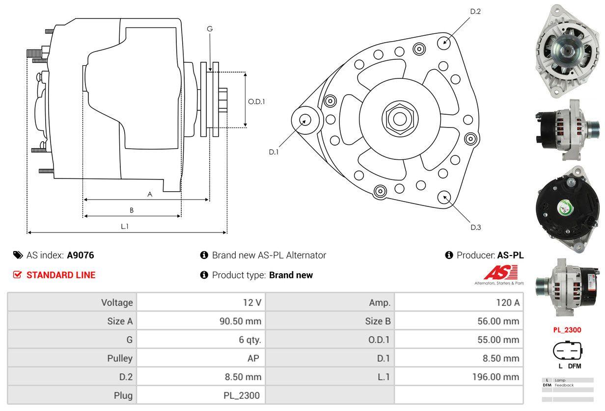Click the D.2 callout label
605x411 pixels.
point(475,11)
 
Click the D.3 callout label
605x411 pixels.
point(475,227)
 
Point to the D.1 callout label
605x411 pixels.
point(274,152)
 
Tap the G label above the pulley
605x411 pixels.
point(210,29)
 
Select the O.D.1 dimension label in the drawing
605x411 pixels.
point(256,102)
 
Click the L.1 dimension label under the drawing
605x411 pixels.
point(125,226)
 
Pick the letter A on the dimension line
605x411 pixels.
point(150,194)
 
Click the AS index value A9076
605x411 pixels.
point(81,255)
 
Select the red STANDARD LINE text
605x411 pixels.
point(61,275)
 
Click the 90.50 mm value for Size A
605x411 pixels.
point(240,321)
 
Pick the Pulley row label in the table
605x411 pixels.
point(120,358)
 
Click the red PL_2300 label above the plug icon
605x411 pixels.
point(567,330)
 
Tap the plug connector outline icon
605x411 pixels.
point(568,351)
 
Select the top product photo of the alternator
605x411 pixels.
point(567,50)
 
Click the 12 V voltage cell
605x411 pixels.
point(251,303)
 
